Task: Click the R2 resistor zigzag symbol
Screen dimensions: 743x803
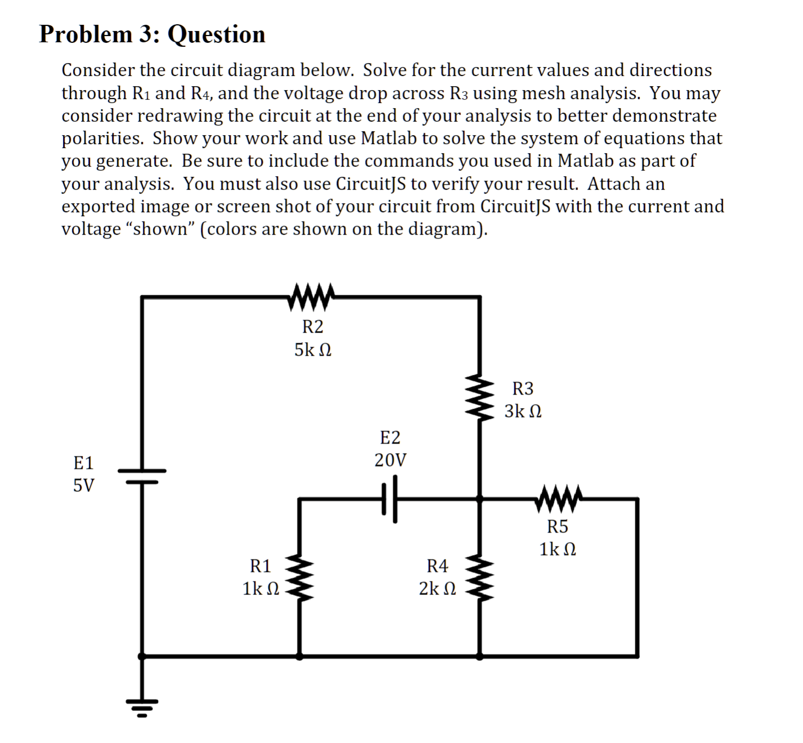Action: tap(311, 297)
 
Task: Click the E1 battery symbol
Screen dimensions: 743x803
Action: tap(142, 476)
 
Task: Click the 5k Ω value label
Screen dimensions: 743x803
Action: tap(313, 350)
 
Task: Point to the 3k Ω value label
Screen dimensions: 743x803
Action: tap(523, 411)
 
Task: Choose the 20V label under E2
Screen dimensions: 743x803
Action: tap(390, 460)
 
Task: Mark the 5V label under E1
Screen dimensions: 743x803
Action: tap(84, 485)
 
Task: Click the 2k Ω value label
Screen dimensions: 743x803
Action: tap(438, 589)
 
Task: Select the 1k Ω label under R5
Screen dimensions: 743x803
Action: tap(558, 549)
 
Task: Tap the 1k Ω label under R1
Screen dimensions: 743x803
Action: tap(261, 589)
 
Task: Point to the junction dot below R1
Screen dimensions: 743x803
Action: tap(299, 656)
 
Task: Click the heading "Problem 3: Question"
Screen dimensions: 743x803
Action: tap(152, 34)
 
